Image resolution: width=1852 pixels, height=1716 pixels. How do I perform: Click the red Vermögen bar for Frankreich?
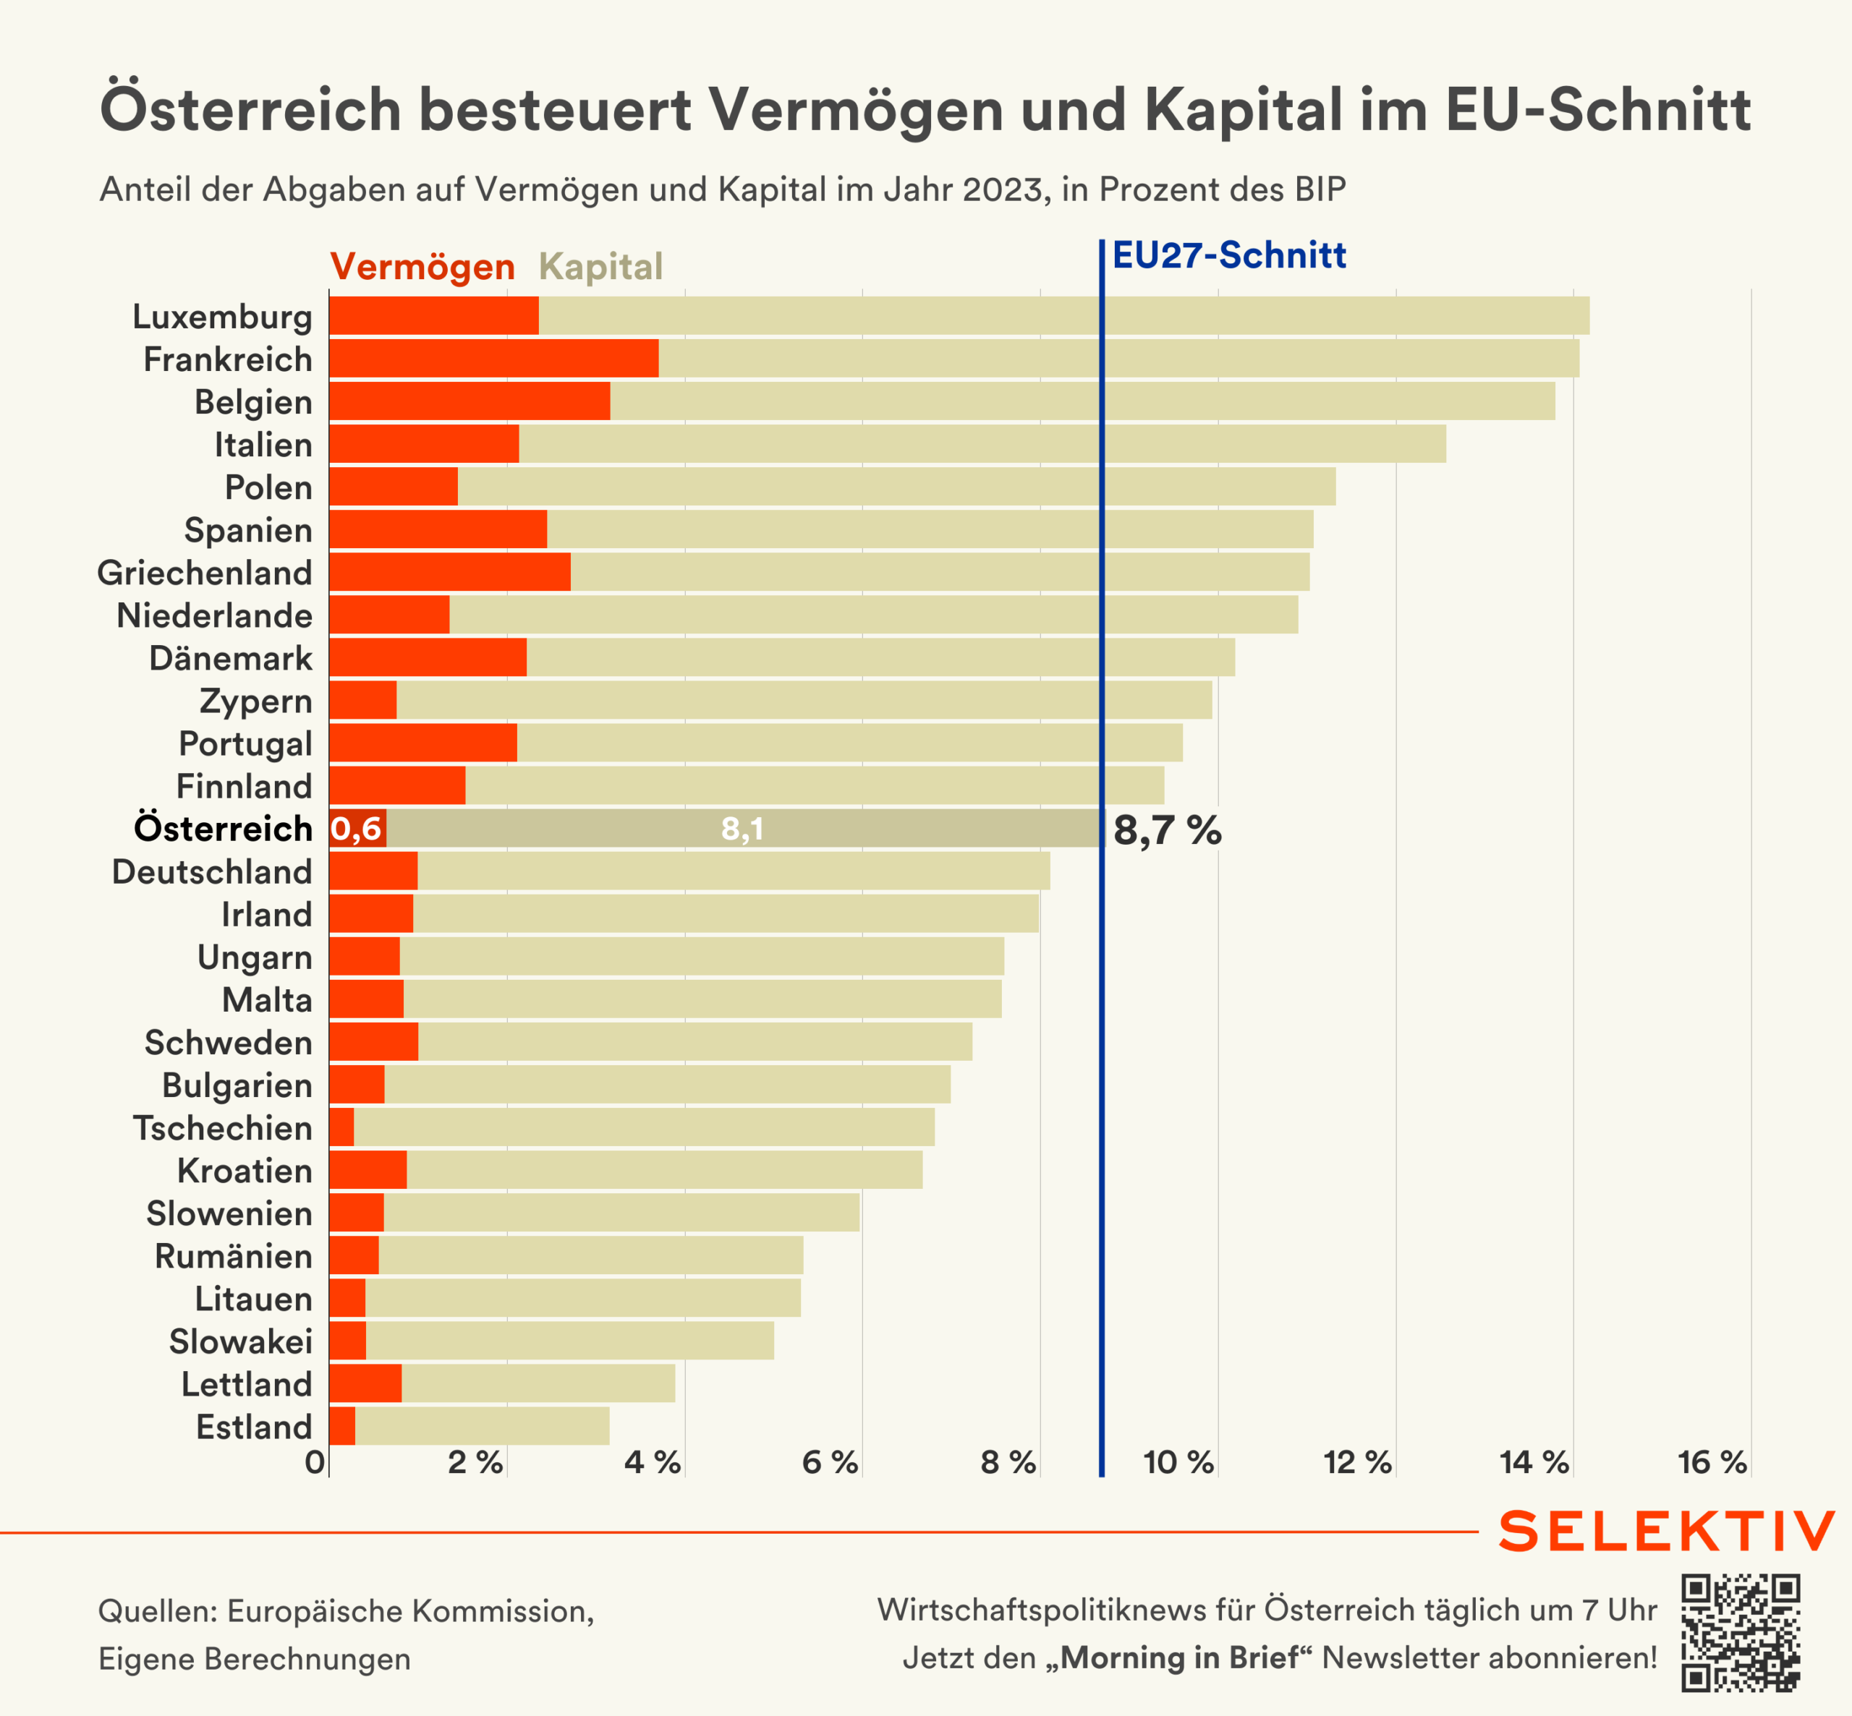click(x=494, y=359)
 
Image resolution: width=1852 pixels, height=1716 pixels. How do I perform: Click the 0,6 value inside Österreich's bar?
click(x=357, y=828)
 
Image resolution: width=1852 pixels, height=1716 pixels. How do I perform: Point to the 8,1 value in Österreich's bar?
click(x=742, y=828)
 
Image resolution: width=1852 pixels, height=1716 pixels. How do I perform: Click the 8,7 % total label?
click(x=1167, y=830)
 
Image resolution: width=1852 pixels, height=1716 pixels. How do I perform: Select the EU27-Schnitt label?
click(x=1229, y=255)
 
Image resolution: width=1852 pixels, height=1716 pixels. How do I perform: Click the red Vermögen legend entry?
click(x=422, y=268)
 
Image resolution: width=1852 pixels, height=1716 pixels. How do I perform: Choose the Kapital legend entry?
click(x=601, y=268)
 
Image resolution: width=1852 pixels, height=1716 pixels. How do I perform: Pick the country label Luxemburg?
click(x=222, y=317)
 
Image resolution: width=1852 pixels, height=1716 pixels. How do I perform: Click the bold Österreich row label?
click(x=223, y=828)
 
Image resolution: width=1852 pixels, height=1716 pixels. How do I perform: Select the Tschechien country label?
click(x=222, y=1127)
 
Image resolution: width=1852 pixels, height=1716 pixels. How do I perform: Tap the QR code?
click(x=1740, y=1632)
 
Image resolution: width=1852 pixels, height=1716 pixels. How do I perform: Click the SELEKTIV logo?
click(x=1666, y=1531)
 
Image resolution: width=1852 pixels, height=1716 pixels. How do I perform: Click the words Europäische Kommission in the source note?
click(x=410, y=1611)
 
